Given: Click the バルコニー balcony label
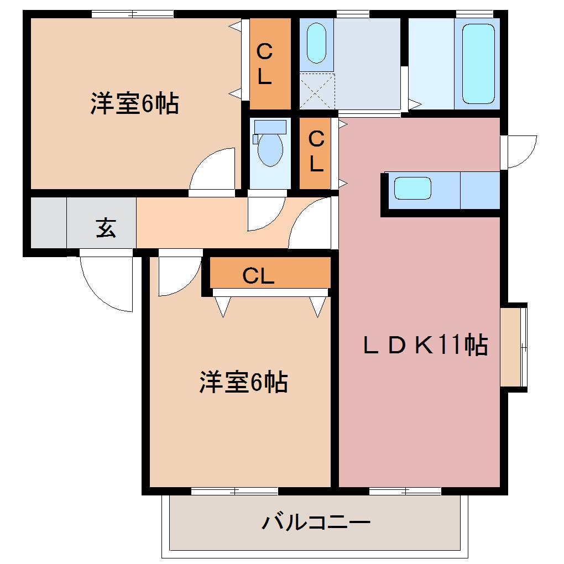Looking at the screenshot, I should coord(316,521).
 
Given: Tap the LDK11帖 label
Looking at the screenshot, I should coord(425,346).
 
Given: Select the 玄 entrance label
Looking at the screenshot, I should coord(106,227).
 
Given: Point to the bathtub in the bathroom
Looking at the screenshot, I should coord(478,64).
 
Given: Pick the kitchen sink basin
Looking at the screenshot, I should coord(412,189).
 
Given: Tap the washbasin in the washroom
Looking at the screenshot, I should coord(317,43).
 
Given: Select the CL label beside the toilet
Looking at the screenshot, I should coord(316,152).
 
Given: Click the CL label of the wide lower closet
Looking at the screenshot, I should coord(258,275).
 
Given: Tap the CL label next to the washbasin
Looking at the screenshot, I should coord(265,64).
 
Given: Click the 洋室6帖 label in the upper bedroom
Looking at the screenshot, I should coord(134,103).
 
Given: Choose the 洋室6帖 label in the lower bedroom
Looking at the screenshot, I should coord(243,382).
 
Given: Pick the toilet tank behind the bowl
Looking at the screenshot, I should coord(270,127).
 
